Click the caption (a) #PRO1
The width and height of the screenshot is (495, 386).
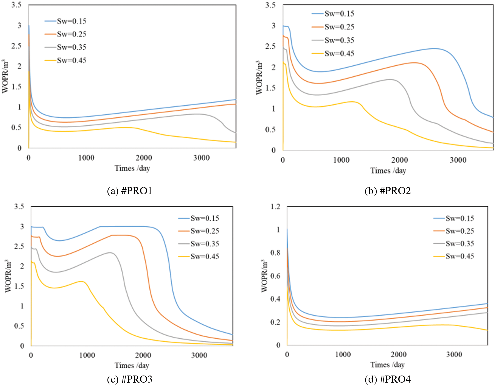(x=130, y=191)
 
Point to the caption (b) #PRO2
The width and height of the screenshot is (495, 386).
(x=388, y=191)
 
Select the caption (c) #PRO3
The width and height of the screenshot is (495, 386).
(x=130, y=379)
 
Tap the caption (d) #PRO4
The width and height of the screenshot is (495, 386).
(x=388, y=379)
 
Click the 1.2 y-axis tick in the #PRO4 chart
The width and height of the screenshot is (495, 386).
(x=275, y=207)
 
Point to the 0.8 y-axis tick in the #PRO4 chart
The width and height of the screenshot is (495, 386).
(x=275, y=253)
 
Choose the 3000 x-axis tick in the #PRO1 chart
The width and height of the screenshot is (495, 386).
(x=201, y=158)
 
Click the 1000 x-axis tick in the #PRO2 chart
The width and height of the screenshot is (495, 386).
(x=341, y=160)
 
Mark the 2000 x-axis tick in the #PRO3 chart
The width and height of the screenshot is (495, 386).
(x=143, y=355)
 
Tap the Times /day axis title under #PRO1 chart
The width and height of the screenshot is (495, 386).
(x=132, y=168)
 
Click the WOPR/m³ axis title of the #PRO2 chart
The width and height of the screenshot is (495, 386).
(x=259, y=78)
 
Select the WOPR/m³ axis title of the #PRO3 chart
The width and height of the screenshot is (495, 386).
(x=8, y=276)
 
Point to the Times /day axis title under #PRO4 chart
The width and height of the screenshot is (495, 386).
(x=387, y=365)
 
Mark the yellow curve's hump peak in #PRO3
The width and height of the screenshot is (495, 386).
(x=81, y=281)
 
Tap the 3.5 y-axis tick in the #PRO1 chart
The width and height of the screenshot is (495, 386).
(x=16, y=5)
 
